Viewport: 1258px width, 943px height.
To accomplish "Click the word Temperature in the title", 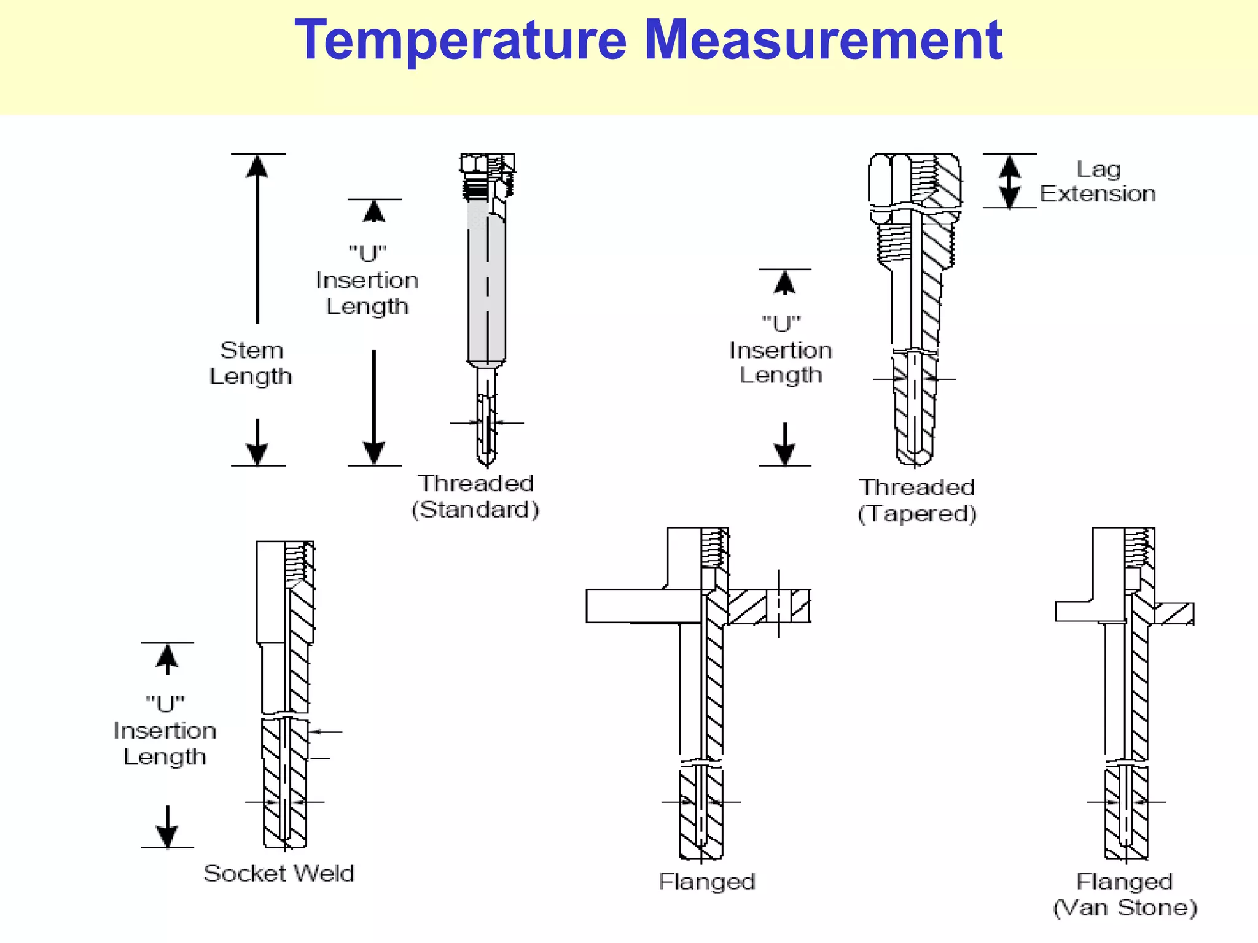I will [461, 40].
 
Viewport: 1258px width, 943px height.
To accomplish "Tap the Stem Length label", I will [251, 363].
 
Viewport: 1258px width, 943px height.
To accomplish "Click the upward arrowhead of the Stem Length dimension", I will [257, 166].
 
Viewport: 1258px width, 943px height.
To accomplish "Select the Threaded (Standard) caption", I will [475, 496].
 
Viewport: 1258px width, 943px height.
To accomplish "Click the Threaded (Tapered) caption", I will [916, 500].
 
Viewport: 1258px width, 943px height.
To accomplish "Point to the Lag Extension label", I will [1098, 181].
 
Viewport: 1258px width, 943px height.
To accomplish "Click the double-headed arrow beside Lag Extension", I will [1009, 181].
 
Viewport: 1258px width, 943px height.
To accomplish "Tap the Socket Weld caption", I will [279, 873].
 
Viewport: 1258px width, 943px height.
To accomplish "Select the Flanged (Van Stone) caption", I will [1125, 894].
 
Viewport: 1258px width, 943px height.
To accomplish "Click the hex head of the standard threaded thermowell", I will [487, 163].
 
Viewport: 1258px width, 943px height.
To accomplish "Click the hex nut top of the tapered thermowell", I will [915, 178].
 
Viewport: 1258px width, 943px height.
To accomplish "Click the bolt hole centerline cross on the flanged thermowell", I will [779, 604].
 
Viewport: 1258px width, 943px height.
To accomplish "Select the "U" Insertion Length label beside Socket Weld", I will [165, 730].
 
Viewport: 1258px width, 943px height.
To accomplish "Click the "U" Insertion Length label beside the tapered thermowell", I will [781, 349].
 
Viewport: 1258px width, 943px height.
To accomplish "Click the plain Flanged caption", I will [706, 882].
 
